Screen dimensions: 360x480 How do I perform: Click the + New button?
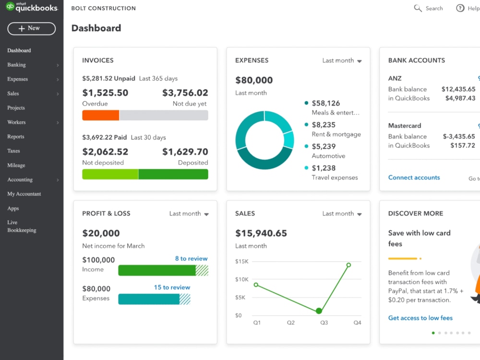(x=32, y=28)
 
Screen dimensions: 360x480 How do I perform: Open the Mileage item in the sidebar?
(x=16, y=165)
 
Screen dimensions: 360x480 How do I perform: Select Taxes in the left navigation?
(x=14, y=151)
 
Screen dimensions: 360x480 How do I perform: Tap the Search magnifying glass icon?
(x=418, y=8)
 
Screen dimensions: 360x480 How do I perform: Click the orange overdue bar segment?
(x=101, y=115)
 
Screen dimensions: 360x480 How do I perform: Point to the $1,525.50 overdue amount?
(x=105, y=93)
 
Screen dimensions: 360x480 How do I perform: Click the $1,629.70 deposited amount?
(x=185, y=152)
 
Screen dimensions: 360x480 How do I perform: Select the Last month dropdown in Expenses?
(x=342, y=60)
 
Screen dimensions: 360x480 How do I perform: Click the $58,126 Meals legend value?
(x=325, y=103)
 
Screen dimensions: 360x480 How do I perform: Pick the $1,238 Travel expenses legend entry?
(x=324, y=168)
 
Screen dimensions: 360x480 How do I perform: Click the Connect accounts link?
(x=414, y=178)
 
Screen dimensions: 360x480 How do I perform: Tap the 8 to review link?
(x=191, y=259)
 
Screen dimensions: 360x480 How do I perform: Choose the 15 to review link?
(x=172, y=288)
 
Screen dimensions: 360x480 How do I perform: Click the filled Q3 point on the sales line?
(x=319, y=311)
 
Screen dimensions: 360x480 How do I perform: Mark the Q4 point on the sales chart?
(x=348, y=265)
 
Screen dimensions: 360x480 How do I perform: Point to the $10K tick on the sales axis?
(x=241, y=279)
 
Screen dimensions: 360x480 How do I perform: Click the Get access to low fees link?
(x=420, y=318)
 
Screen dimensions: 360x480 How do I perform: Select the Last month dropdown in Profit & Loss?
(x=189, y=214)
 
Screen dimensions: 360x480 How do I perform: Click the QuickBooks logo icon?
(x=10, y=7)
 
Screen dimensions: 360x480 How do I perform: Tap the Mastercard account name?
(x=404, y=126)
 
